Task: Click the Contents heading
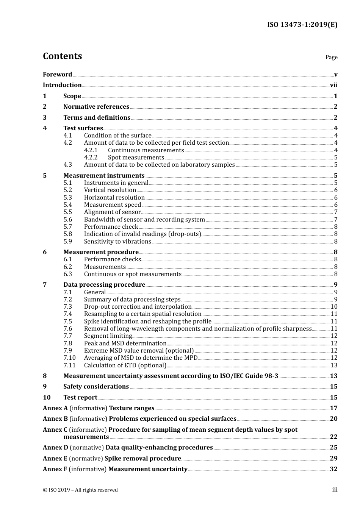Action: (62, 56)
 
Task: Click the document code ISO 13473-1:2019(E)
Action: (302, 25)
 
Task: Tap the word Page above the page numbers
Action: (331, 57)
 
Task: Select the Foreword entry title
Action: (57, 74)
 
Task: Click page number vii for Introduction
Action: (333, 85)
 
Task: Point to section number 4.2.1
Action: (91, 150)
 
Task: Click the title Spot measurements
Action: (136, 158)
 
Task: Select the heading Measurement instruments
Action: (104, 175)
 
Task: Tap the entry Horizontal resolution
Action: (114, 198)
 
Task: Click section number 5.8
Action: (67, 234)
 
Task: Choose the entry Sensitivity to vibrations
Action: (117, 242)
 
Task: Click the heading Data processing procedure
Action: (104, 285)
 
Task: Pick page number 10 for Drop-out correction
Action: (333, 307)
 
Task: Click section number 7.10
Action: (69, 358)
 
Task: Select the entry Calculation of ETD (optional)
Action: (125, 365)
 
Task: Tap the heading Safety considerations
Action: (96, 387)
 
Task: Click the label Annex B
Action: (55, 419)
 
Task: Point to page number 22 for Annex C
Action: (333, 437)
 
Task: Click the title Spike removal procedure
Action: (142, 459)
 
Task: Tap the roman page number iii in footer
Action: (335, 490)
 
